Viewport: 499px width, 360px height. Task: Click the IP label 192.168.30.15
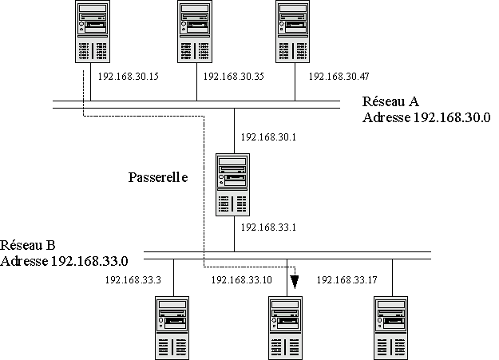click(x=127, y=77)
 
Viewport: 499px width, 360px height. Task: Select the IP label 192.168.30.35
click(x=234, y=77)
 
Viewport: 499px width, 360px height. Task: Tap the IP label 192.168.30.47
click(x=339, y=77)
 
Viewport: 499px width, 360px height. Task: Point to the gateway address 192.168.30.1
click(x=267, y=137)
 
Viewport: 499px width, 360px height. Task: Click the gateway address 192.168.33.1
click(x=267, y=227)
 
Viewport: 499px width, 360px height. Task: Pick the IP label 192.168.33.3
click(x=133, y=280)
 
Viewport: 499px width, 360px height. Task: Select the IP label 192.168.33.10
click(x=241, y=280)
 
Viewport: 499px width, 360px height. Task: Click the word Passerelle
click(x=158, y=177)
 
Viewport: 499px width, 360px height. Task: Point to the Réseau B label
click(x=28, y=245)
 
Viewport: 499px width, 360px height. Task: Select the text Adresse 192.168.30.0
click(x=426, y=117)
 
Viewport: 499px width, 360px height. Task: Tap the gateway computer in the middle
click(x=233, y=185)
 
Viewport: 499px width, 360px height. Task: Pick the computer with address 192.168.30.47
click(x=295, y=32)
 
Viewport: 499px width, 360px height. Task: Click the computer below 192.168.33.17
click(x=392, y=327)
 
